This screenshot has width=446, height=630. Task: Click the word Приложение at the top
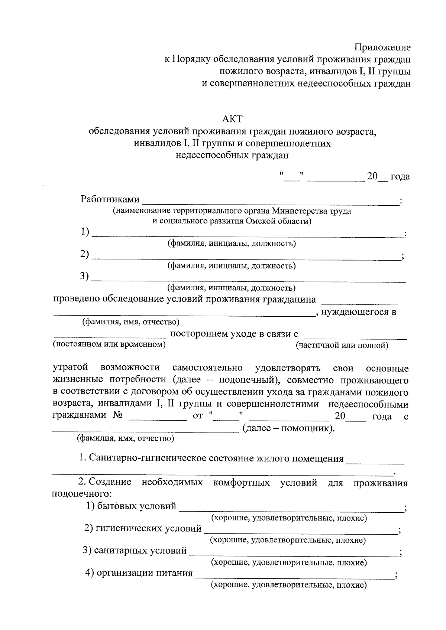(382, 47)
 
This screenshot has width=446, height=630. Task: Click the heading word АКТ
(232, 119)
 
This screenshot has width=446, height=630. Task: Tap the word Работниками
(110, 199)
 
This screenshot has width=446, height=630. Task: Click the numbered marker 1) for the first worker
(85, 232)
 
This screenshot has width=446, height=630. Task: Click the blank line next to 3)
(248, 281)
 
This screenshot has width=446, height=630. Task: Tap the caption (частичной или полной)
(342, 346)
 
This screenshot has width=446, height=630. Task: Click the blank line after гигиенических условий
(300, 533)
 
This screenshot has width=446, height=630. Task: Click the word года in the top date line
(400, 176)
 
